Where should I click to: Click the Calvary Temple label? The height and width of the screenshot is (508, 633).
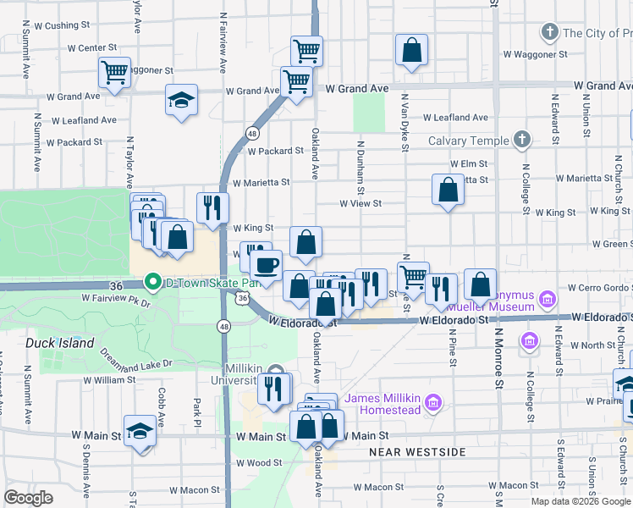tap(468, 141)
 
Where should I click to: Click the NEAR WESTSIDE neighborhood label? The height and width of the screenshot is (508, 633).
tap(417, 452)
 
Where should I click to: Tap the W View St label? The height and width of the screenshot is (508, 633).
tap(361, 203)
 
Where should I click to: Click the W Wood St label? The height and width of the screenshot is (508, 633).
tap(259, 463)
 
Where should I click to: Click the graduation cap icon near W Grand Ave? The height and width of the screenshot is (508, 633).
tap(182, 101)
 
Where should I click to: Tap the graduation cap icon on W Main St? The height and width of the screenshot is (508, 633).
tap(140, 430)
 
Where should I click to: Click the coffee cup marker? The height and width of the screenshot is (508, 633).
tap(267, 265)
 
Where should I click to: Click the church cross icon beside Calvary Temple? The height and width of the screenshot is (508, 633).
tap(522, 140)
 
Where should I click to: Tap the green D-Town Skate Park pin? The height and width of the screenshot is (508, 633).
tap(153, 281)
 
